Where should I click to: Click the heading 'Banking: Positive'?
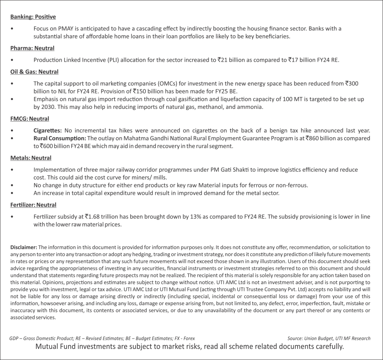pyautogui.click(x=33, y=17)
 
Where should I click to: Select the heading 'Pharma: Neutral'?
pyautogui.click(x=32, y=48)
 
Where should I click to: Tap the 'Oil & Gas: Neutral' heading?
pyautogui.click(x=34, y=72)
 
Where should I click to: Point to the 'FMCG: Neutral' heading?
pyautogui.click(x=29, y=119)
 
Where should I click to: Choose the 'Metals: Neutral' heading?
pyautogui.click(x=31, y=158)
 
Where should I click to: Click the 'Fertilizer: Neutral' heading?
pyautogui.click(x=33, y=205)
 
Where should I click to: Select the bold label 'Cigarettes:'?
pyautogui.click(x=47, y=131)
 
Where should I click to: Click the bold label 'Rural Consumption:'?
pyautogui.click(x=60, y=138)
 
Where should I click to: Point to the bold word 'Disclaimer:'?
pyautogui.click(x=24, y=248)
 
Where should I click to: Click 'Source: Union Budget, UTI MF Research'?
pyautogui.click(x=329, y=339)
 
